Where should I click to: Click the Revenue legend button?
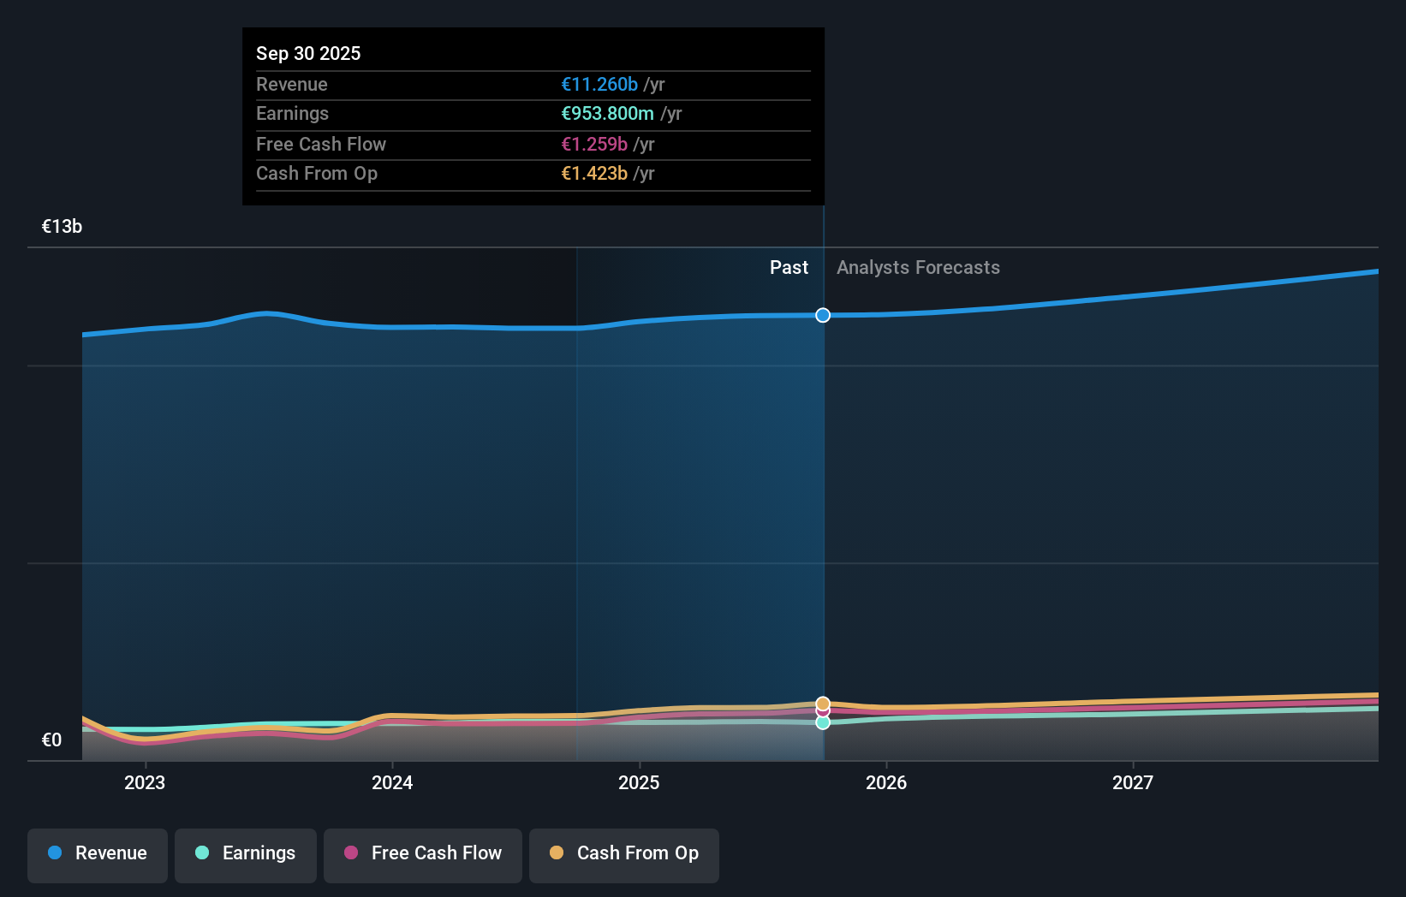click(98, 853)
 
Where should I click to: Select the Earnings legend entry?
click(246, 853)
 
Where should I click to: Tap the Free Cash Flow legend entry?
click(423, 853)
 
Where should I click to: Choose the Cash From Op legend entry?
click(624, 853)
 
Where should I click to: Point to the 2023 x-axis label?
click(145, 782)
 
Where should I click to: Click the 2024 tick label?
click(392, 782)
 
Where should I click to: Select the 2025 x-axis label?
click(639, 782)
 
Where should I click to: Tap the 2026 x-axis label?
click(886, 782)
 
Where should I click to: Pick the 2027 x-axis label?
click(1133, 782)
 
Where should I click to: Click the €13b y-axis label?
click(63, 227)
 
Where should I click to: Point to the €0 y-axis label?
click(52, 740)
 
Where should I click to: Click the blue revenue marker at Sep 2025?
click(823, 315)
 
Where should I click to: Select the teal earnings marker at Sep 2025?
click(823, 723)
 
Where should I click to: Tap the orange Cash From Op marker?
click(823, 703)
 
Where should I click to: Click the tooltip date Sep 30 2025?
click(308, 53)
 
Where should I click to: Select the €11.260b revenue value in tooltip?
click(599, 85)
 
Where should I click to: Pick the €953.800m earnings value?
click(607, 114)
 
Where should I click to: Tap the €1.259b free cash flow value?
click(594, 145)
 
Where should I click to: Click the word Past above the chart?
click(789, 268)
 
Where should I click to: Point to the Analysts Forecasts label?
click(918, 268)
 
